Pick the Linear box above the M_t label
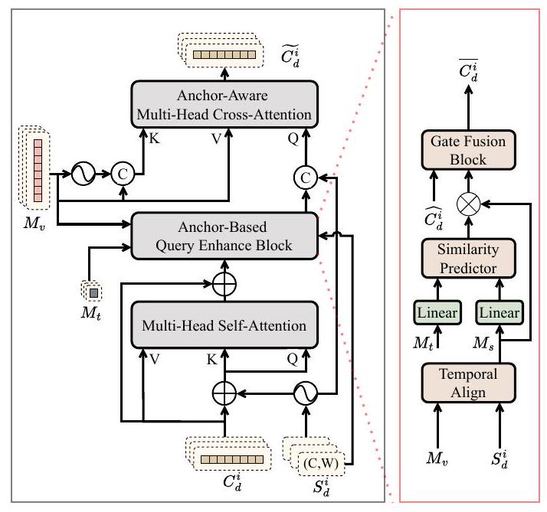437,312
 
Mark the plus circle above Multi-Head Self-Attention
224,283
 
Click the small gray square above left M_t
91,292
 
